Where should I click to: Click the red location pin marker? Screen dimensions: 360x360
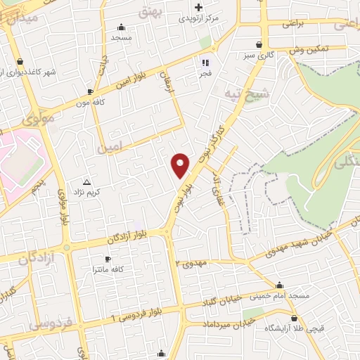pyautogui.click(x=181, y=165)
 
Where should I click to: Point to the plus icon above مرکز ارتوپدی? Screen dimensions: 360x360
pyautogui.click(x=198, y=7)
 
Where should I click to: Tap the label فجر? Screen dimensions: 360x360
pyautogui.click(x=205, y=73)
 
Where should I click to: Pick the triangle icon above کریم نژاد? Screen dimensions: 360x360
pyautogui.click(x=87, y=181)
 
